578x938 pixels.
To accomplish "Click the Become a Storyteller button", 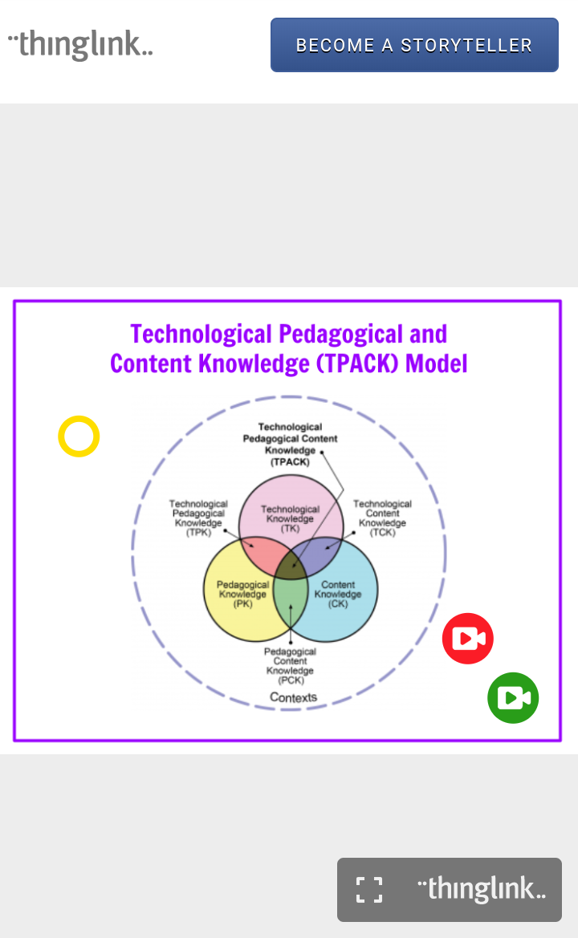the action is [414, 45].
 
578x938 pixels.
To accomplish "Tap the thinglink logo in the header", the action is [80, 44].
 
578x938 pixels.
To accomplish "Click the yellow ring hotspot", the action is [79, 437].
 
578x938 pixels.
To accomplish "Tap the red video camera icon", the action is [468, 639].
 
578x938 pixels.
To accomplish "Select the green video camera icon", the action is [513, 698].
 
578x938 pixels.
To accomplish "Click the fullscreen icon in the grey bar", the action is [369, 889].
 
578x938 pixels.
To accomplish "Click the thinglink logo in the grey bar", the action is [482, 889].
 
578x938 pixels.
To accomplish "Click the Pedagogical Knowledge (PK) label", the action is [242, 595].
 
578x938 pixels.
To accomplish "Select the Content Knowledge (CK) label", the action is [338, 595].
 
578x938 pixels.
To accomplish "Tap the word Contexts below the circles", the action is [293, 697].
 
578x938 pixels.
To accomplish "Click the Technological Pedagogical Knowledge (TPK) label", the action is [198, 518].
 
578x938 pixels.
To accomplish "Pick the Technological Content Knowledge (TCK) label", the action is [383, 518].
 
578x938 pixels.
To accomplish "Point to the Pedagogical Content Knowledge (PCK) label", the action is [290, 666].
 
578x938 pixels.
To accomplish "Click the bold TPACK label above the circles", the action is [290, 445].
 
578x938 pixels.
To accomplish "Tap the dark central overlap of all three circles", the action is [291, 566].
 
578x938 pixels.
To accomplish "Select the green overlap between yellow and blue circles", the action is [291, 606].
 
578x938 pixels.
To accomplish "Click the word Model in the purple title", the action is [437, 363].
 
